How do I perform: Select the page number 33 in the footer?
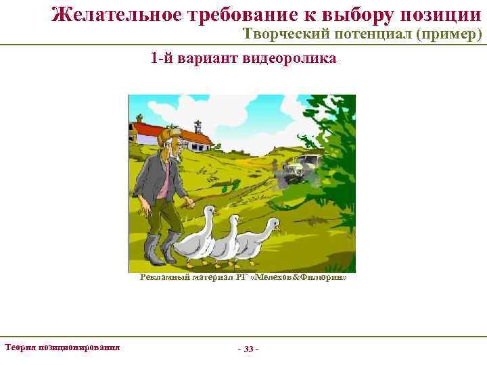click(248, 349)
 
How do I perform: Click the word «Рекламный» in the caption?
click(163, 276)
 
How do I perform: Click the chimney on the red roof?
click(198, 126)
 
